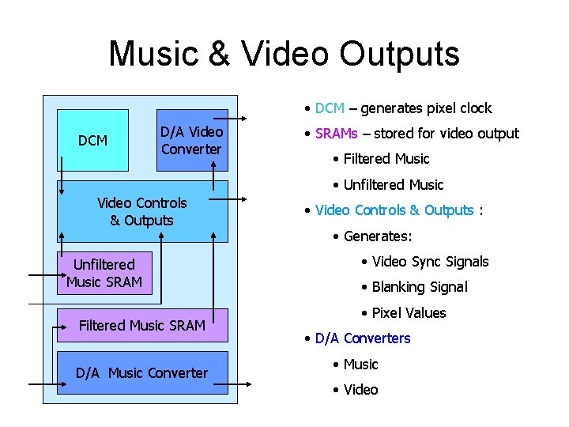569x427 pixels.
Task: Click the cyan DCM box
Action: tap(92, 141)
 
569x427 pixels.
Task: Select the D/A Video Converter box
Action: tap(192, 140)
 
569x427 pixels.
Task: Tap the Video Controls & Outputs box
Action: tap(142, 211)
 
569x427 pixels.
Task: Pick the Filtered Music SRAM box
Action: tap(142, 325)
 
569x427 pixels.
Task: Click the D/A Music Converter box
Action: tap(142, 372)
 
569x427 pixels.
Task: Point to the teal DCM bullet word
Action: tap(330, 108)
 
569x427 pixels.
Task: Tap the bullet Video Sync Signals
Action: tap(431, 262)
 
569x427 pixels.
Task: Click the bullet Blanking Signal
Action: tap(420, 287)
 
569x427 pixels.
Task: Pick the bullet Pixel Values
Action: tap(409, 313)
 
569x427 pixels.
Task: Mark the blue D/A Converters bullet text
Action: tap(363, 338)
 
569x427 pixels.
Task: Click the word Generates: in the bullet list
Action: tap(378, 236)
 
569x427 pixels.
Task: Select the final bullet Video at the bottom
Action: tap(360, 390)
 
